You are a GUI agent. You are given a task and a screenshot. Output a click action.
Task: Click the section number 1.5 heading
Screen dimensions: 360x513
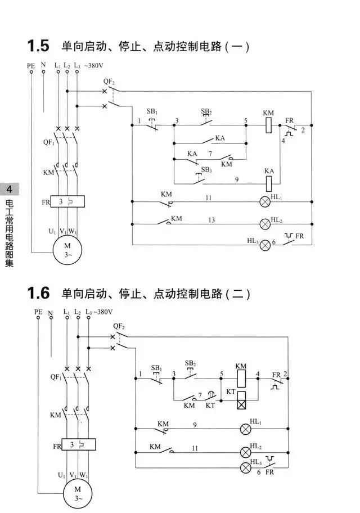pyautogui.click(x=38, y=46)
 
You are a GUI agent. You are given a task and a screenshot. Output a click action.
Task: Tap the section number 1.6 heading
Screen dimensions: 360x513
pyautogui.click(x=38, y=293)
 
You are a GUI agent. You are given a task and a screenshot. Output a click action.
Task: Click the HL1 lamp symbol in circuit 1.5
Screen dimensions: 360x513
pyautogui.click(x=265, y=202)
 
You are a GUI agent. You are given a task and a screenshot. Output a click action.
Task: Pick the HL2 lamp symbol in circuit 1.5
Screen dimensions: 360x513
pyautogui.click(x=265, y=224)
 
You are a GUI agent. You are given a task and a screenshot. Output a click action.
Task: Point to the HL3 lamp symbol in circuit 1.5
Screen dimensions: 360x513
pyautogui.click(x=265, y=245)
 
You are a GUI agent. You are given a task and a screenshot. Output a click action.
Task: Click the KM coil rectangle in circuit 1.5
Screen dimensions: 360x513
pyautogui.click(x=269, y=125)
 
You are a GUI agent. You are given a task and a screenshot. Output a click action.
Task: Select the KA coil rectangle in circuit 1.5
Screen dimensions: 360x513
pyautogui.click(x=269, y=183)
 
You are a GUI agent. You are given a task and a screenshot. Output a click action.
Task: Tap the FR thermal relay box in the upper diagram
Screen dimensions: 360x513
pyautogui.click(x=67, y=201)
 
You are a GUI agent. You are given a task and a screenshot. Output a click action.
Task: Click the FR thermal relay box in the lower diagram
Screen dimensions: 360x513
pyautogui.click(x=79, y=444)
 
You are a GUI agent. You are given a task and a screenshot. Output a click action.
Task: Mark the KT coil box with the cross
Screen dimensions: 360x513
pyautogui.click(x=241, y=400)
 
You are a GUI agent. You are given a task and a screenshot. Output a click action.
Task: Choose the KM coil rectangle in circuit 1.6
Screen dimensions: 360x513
pyautogui.click(x=241, y=378)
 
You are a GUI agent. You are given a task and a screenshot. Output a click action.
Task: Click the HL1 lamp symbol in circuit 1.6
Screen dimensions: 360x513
pyautogui.click(x=245, y=429)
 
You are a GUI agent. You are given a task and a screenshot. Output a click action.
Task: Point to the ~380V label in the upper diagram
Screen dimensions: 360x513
pyautogui.click(x=93, y=65)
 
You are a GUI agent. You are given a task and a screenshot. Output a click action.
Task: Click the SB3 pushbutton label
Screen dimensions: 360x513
pyautogui.click(x=206, y=170)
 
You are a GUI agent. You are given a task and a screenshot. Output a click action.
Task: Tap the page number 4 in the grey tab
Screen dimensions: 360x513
pyautogui.click(x=9, y=190)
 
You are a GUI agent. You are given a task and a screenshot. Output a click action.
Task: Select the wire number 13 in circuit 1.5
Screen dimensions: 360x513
pyautogui.click(x=211, y=220)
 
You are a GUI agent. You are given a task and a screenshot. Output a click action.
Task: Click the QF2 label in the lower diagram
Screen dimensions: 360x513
pyautogui.click(x=119, y=326)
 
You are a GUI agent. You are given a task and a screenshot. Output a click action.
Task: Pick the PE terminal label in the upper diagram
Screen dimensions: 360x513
pyautogui.click(x=31, y=66)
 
